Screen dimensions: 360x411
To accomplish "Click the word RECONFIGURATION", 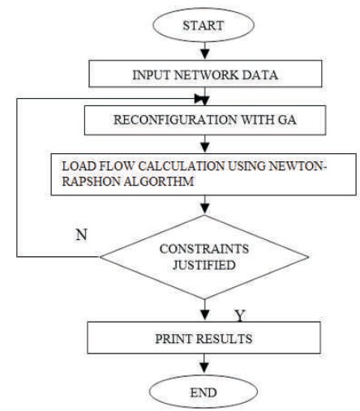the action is [175, 120].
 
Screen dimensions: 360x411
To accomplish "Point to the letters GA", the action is [287, 120].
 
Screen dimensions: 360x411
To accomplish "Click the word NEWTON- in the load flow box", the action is [298, 166].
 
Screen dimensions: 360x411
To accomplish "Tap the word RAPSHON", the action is [91, 181].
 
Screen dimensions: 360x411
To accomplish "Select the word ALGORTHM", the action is [159, 181].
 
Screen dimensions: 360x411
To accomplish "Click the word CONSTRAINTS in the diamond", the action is [204, 249].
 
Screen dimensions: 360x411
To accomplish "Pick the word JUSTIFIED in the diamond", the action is [204, 265].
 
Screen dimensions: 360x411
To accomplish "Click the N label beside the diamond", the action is [81, 234].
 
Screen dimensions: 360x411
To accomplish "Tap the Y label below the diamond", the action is [240, 315].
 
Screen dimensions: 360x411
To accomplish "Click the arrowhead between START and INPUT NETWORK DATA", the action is [205, 54].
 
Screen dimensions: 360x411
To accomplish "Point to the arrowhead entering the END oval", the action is [204, 368].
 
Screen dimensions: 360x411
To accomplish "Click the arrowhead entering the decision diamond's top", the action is [205, 208].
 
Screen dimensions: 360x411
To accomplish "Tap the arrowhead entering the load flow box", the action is [205, 148].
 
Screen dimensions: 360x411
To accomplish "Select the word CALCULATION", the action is [182, 166].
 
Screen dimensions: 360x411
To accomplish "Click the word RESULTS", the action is [224, 339].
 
